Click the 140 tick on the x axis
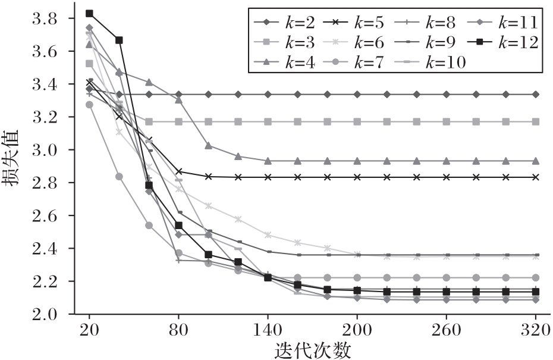(268, 329)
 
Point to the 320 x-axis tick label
(535, 329)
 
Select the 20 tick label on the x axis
(89, 329)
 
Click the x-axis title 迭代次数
(313, 350)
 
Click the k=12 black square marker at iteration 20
(89, 13)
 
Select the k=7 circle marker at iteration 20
(89, 105)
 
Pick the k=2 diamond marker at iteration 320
(535, 94)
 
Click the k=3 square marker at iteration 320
(535, 121)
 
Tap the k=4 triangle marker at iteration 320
(535, 161)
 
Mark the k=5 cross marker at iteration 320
(535, 177)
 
